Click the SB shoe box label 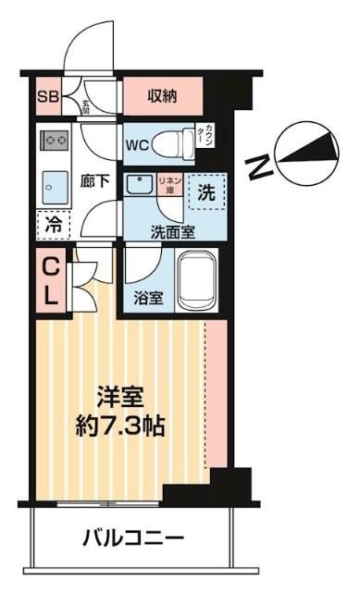(46, 95)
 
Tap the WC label (138, 144)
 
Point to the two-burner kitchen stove (54, 142)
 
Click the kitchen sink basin (54, 184)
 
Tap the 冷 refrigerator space (53, 224)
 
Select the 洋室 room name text (122, 399)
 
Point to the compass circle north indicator (314, 150)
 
